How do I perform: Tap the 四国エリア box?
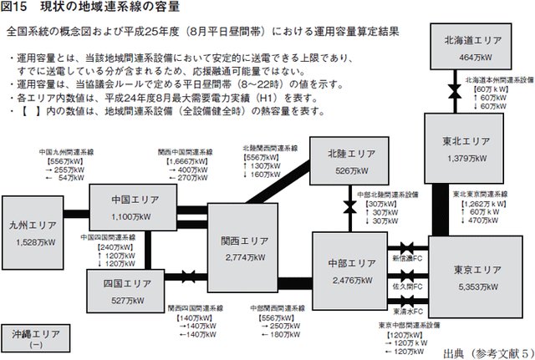(x=126, y=291)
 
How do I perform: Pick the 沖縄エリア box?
(x=35, y=338)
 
